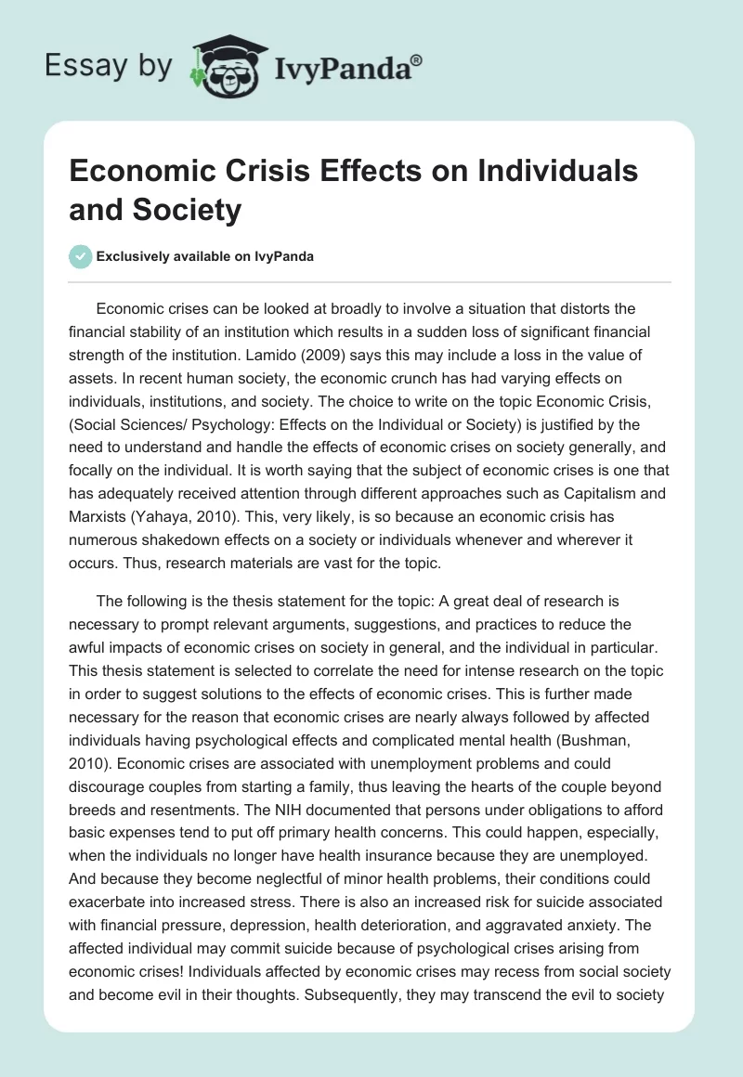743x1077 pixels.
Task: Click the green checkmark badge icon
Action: coord(80,256)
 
